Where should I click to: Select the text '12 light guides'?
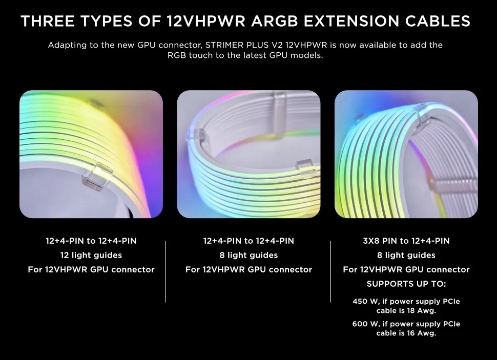91,255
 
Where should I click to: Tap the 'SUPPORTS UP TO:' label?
406,284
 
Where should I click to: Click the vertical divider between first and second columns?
165,271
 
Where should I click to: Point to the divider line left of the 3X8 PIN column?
331,271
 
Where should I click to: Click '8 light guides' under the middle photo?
248,255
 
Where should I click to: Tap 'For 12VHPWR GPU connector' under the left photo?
91,269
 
